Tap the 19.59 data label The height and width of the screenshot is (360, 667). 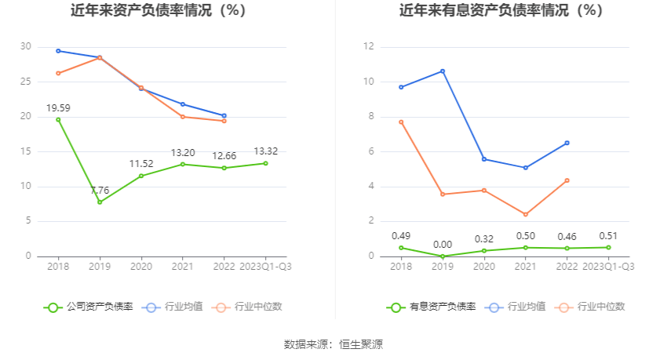(58, 107)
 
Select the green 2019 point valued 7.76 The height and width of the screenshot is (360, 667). (100, 202)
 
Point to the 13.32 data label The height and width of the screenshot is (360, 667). (265, 151)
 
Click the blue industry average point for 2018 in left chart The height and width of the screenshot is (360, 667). (58, 51)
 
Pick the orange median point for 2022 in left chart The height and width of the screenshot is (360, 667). (224, 121)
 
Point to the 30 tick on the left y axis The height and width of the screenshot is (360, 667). (26, 47)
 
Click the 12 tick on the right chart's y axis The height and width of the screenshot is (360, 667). (369, 47)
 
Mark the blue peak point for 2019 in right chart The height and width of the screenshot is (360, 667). (443, 71)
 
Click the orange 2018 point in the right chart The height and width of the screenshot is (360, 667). (401, 122)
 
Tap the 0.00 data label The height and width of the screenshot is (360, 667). (443, 245)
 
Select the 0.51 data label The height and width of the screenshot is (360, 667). (608, 235)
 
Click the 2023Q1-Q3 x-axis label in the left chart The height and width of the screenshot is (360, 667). (265, 267)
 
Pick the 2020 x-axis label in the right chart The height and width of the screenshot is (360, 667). (484, 267)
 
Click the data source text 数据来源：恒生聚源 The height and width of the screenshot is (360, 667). (333, 344)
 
